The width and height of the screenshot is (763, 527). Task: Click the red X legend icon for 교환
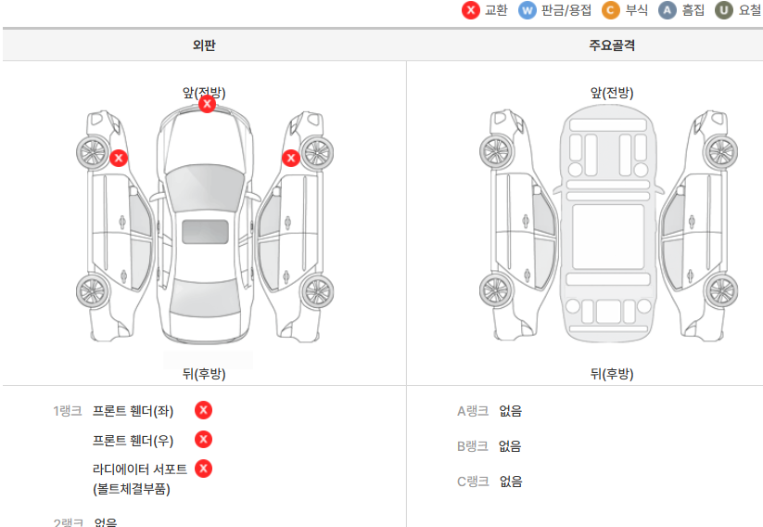[471, 10]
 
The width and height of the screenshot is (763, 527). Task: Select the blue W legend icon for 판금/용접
[528, 10]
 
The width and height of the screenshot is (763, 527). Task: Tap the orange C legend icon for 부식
[610, 10]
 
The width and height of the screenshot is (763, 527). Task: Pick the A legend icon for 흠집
[667, 10]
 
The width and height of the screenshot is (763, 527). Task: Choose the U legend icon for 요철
[723, 10]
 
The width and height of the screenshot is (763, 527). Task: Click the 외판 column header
[204, 45]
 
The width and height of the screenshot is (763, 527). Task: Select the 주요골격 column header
[612, 45]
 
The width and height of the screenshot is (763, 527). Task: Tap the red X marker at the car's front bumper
[208, 104]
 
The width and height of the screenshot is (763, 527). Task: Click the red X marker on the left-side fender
[119, 158]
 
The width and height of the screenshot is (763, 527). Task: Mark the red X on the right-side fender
[290, 158]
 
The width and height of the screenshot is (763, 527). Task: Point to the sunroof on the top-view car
[205, 232]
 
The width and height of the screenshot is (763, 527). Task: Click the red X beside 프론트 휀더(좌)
[204, 410]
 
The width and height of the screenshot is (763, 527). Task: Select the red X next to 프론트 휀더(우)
[204, 439]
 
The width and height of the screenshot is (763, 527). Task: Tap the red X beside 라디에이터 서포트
[204, 468]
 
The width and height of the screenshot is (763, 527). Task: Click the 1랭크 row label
[68, 411]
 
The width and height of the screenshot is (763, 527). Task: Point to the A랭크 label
[473, 411]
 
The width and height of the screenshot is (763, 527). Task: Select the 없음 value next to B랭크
[510, 446]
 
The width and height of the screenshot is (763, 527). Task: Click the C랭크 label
[473, 482]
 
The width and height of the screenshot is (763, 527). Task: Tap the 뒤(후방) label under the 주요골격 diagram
[612, 374]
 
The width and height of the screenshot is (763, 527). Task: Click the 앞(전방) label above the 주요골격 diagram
[612, 93]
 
